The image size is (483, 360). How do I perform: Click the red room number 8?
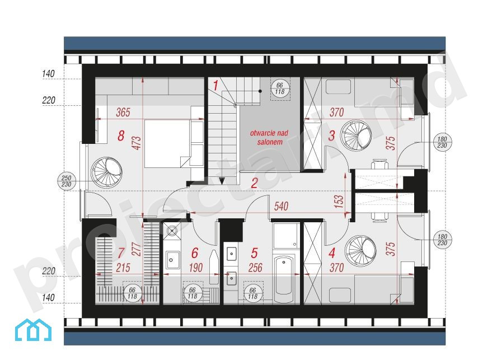(121, 135)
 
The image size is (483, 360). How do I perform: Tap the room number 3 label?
(331, 135)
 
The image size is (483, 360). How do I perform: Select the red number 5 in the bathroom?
(254, 253)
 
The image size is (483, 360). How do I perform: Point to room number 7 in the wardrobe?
(120, 253)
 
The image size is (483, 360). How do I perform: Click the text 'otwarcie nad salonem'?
(269, 138)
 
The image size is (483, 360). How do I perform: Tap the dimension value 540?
(281, 206)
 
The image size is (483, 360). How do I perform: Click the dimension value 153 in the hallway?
(339, 201)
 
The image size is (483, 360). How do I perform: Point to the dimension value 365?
(123, 113)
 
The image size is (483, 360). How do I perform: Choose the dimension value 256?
(255, 268)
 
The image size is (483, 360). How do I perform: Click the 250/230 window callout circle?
(66, 181)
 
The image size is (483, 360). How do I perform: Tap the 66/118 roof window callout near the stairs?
(280, 88)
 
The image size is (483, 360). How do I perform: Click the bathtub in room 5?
(283, 279)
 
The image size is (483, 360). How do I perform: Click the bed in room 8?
(167, 144)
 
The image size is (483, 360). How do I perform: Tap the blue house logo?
(33, 330)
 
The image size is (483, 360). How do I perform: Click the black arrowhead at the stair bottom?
(222, 181)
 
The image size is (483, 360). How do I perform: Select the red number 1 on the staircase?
(215, 86)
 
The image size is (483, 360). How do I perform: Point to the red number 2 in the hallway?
(254, 183)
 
